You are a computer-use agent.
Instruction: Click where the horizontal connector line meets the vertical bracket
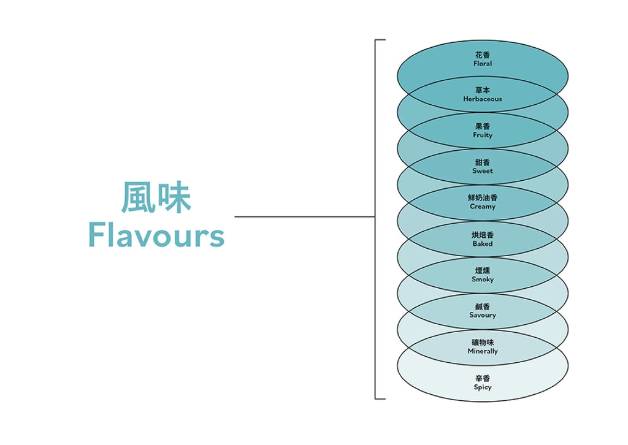[375, 217]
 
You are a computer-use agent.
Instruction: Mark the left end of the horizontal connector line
[235, 217]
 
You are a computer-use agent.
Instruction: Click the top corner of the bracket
[375, 40]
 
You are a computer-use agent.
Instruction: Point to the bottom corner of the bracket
[375, 399]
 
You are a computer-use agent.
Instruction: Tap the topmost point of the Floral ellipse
[483, 40]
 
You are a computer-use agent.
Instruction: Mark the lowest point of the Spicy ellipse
[483, 401]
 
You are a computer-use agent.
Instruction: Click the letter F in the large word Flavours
[95, 235]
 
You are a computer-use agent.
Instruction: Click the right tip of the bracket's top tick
[385, 40]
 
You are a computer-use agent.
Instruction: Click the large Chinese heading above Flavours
[156, 197]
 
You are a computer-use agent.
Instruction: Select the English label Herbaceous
[483, 99]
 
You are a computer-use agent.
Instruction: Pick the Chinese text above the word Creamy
[483, 198]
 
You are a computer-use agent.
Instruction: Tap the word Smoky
[483, 280]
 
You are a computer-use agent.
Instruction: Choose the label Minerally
[483, 351]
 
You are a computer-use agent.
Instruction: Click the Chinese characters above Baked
[483, 235]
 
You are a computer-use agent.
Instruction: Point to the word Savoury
[483, 315]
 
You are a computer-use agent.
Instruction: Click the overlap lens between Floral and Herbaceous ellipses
[483, 94]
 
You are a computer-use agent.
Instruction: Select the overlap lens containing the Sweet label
[483, 167]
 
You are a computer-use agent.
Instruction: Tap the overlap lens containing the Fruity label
[483, 131]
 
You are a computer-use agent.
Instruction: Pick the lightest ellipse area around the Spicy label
[483, 383]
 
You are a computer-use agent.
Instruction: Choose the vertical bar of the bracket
[375, 219]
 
